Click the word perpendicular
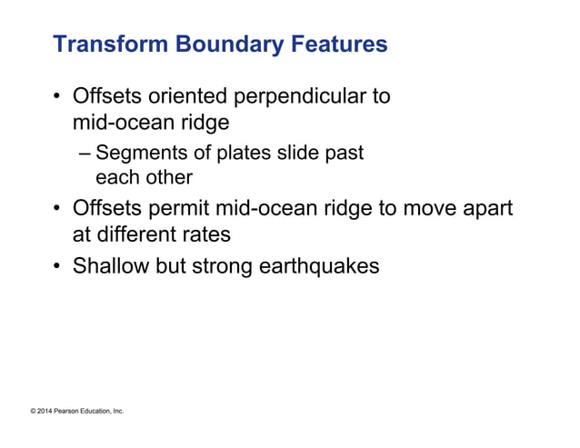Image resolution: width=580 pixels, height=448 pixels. click(x=304, y=97)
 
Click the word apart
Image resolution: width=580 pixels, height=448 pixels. click(x=485, y=209)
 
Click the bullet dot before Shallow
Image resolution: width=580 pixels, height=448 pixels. click(x=58, y=269)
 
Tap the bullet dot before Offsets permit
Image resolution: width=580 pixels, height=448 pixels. click(x=58, y=210)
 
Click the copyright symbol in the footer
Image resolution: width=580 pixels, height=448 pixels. click(x=33, y=412)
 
